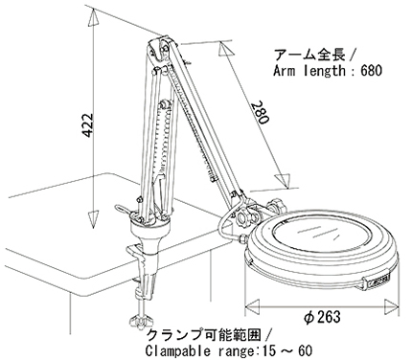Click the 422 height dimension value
click(87, 124)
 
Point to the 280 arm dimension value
click(260, 112)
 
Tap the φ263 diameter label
click(322, 317)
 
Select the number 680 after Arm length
click(371, 70)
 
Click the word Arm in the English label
click(284, 70)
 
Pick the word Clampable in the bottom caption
click(177, 351)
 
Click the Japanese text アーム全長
click(309, 55)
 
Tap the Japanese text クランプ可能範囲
click(204, 335)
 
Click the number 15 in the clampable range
click(267, 351)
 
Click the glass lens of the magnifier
click(320, 236)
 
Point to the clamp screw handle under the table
click(141, 321)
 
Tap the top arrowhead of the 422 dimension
click(93, 17)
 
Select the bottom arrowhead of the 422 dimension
click(93, 219)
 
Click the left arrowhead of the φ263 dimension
click(253, 304)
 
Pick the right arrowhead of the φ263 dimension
click(391, 304)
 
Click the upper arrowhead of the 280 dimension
click(225, 50)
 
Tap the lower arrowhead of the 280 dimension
click(284, 180)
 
